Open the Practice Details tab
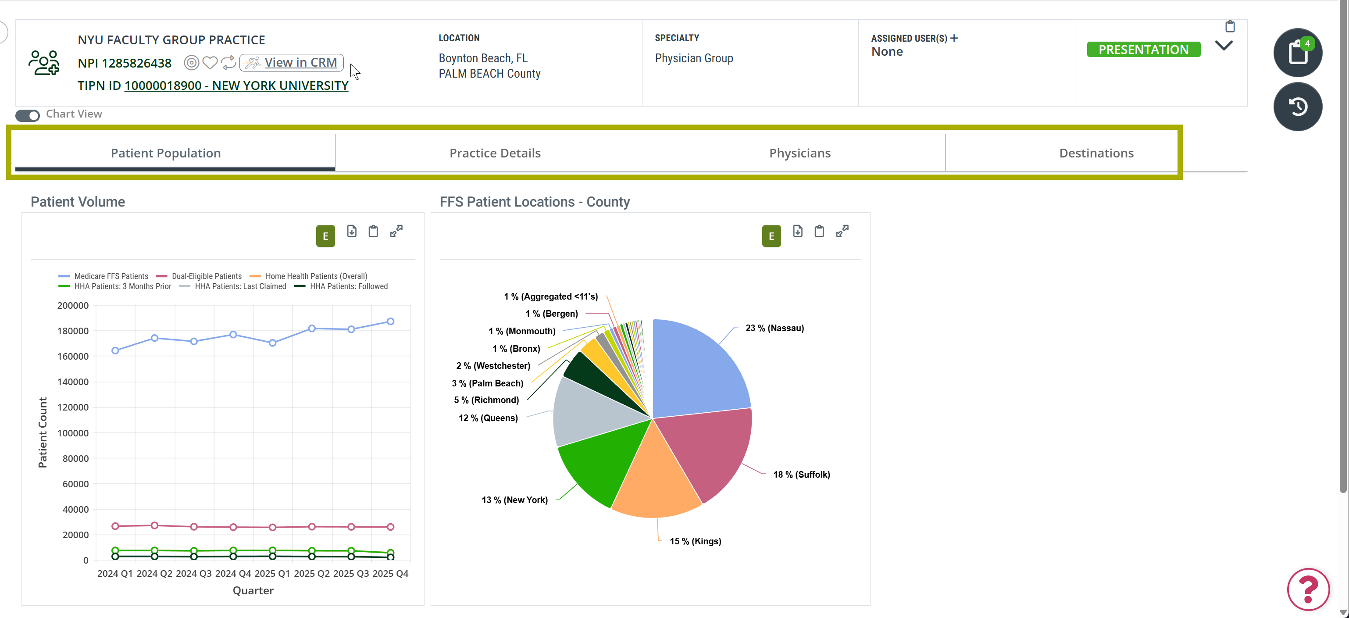(495, 153)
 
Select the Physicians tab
(799, 153)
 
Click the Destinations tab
(1096, 153)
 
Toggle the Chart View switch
(27, 115)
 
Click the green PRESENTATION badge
(1143, 49)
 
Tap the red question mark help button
(1308, 589)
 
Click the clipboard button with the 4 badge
(1298, 52)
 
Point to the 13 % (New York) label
(514, 500)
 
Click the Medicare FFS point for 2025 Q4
(390, 322)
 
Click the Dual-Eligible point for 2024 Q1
(115, 526)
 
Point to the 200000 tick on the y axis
(73, 305)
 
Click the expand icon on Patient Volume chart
(396, 231)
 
